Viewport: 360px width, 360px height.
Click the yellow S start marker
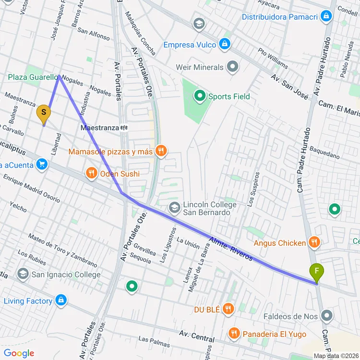pyautogui.click(x=43, y=113)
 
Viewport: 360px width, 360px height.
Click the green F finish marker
pyautogui.click(x=316, y=273)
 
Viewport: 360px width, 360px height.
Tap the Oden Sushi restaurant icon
pyautogui.click(x=91, y=174)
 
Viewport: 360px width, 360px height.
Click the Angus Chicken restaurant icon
pyautogui.click(x=314, y=243)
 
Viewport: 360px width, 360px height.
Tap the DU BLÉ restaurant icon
pyautogui.click(x=228, y=310)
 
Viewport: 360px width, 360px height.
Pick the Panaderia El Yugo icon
pyautogui.click(x=234, y=333)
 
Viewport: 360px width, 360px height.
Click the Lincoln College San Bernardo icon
pyautogui.click(x=174, y=208)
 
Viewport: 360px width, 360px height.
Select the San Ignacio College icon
pyautogui.click(x=23, y=275)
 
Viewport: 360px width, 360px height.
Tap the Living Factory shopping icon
pyautogui.click(x=60, y=301)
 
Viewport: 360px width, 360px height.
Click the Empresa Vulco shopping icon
pyautogui.click(x=224, y=45)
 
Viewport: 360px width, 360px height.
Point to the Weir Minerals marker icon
pyautogui.click(x=233, y=67)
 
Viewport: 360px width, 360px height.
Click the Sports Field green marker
pyautogui.click(x=199, y=96)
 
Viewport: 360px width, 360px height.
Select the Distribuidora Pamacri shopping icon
pyautogui.click(x=327, y=17)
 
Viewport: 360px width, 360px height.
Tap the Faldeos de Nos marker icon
pyautogui.click(x=327, y=316)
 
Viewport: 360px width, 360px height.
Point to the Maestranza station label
pyautogui.click(x=99, y=128)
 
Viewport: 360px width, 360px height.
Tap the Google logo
pyautogui.click(x=19, y=353)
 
